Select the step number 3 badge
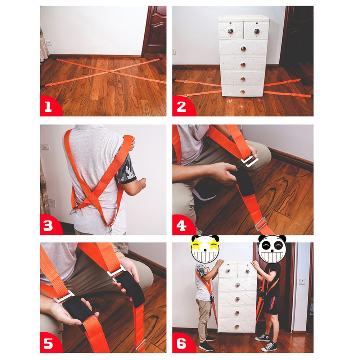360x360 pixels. pyautogui.click(x=50, y=225)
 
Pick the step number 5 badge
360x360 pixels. pyautogui.click(x=50, y=343)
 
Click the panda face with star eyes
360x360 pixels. pyautogui.click(x=205, y=249)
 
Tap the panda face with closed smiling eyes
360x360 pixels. pyautogui.click(x=272, y=249)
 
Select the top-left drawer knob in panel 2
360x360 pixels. pyautogui.click(x=230, y=31)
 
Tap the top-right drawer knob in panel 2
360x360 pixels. pyautogui.click(x=257, y=31)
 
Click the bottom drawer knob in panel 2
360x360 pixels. pyautogui.click(x=243, y=92)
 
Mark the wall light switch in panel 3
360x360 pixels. pyautogui.click(x=45, y=147)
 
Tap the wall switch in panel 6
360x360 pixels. pyautogui.click(x=302, y=282)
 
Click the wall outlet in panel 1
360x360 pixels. pyautogui.click(x=49, y=43)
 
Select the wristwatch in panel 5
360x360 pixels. pyautogui.click(x=117, y=250)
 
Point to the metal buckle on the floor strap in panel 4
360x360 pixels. pyautogui.click(x=261, y=224)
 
